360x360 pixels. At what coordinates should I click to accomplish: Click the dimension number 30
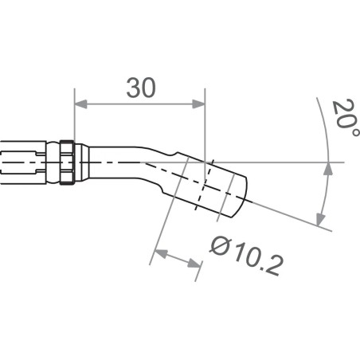click(140, 88)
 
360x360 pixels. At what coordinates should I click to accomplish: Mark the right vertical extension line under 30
click(205, 127)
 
